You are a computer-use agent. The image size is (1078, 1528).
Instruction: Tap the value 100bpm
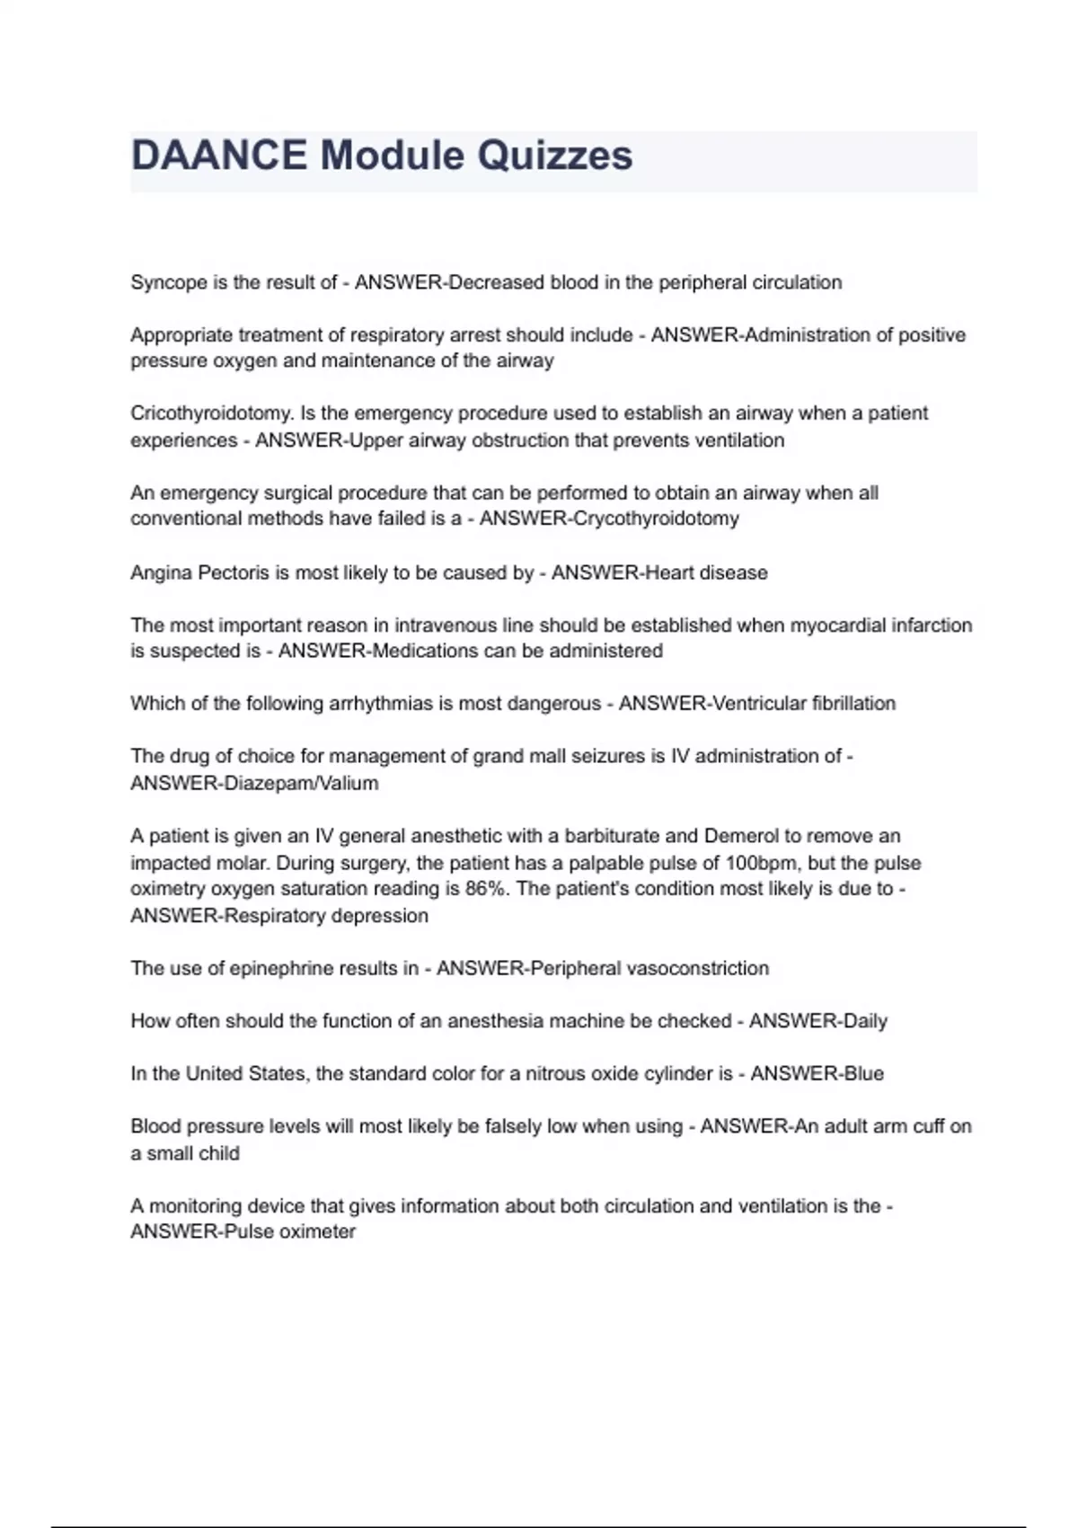[762, 863]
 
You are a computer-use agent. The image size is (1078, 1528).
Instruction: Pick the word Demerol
[741, 836]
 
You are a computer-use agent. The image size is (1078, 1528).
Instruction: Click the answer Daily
[864, 1021]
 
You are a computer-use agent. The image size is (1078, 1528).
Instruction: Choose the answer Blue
[862, 1073]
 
